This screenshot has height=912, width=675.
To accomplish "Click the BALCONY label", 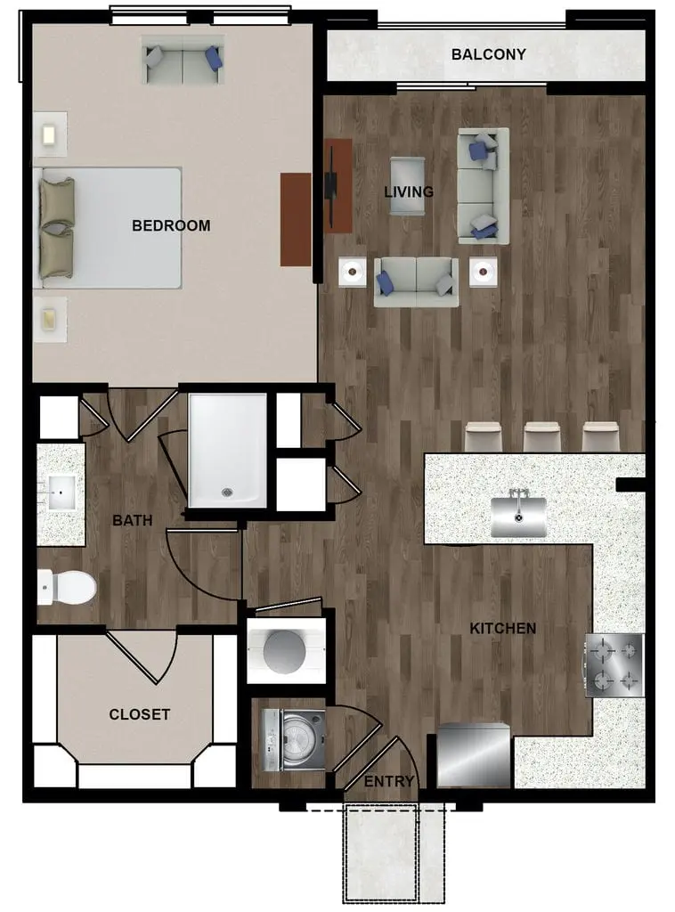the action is click(488, 54).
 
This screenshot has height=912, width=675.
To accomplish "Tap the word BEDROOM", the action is click(171, 225).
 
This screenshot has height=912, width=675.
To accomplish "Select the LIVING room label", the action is click(409, 191).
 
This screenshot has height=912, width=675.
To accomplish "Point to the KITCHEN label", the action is click(503, 628).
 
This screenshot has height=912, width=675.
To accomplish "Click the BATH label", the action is click(133, 520).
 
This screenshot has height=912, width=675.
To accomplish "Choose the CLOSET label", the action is click(140, 714).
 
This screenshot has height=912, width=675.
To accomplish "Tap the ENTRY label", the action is click(389, 781).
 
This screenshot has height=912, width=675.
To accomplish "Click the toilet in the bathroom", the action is click(66, 587).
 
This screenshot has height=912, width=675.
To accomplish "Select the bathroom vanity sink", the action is click(61, 493).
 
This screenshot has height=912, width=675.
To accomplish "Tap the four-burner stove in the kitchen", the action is click(614, 665).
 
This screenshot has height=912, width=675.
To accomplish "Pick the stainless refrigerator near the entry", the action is click(473, 755).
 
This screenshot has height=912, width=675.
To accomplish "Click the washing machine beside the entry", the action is click(294, 740).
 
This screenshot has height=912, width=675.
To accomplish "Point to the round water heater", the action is click(284, 651).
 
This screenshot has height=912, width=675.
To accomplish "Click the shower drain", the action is click(227, 493).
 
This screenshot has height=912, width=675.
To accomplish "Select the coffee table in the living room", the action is click(408, 186).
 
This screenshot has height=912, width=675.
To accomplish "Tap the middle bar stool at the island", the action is click(541, 436).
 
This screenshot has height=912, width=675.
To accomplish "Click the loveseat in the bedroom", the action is click(183, 60).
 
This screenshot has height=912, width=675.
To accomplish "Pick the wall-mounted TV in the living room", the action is click(331, 186).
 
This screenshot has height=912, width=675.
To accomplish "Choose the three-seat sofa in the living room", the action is click(484, 185).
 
